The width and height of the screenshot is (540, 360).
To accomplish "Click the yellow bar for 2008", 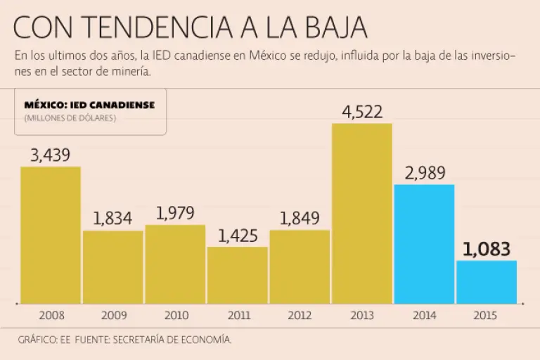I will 51,235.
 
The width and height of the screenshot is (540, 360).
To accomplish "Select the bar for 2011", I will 238,275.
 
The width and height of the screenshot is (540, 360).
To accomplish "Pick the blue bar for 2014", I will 424,244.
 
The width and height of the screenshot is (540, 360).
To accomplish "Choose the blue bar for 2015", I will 487,282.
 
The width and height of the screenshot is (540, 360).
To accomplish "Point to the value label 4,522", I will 362,112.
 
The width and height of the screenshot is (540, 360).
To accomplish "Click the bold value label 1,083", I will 487,249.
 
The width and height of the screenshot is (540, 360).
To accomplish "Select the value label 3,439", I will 51,155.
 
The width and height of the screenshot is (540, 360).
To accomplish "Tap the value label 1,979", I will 175,213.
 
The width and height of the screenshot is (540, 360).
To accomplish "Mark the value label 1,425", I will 238,236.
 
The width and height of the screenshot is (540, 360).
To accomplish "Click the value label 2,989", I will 424,173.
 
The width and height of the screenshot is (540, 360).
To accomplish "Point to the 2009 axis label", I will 113,316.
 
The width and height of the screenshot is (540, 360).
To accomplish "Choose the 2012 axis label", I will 300,316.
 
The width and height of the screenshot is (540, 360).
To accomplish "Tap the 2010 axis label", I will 175,316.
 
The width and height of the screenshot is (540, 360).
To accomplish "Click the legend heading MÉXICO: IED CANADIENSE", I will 89,105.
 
